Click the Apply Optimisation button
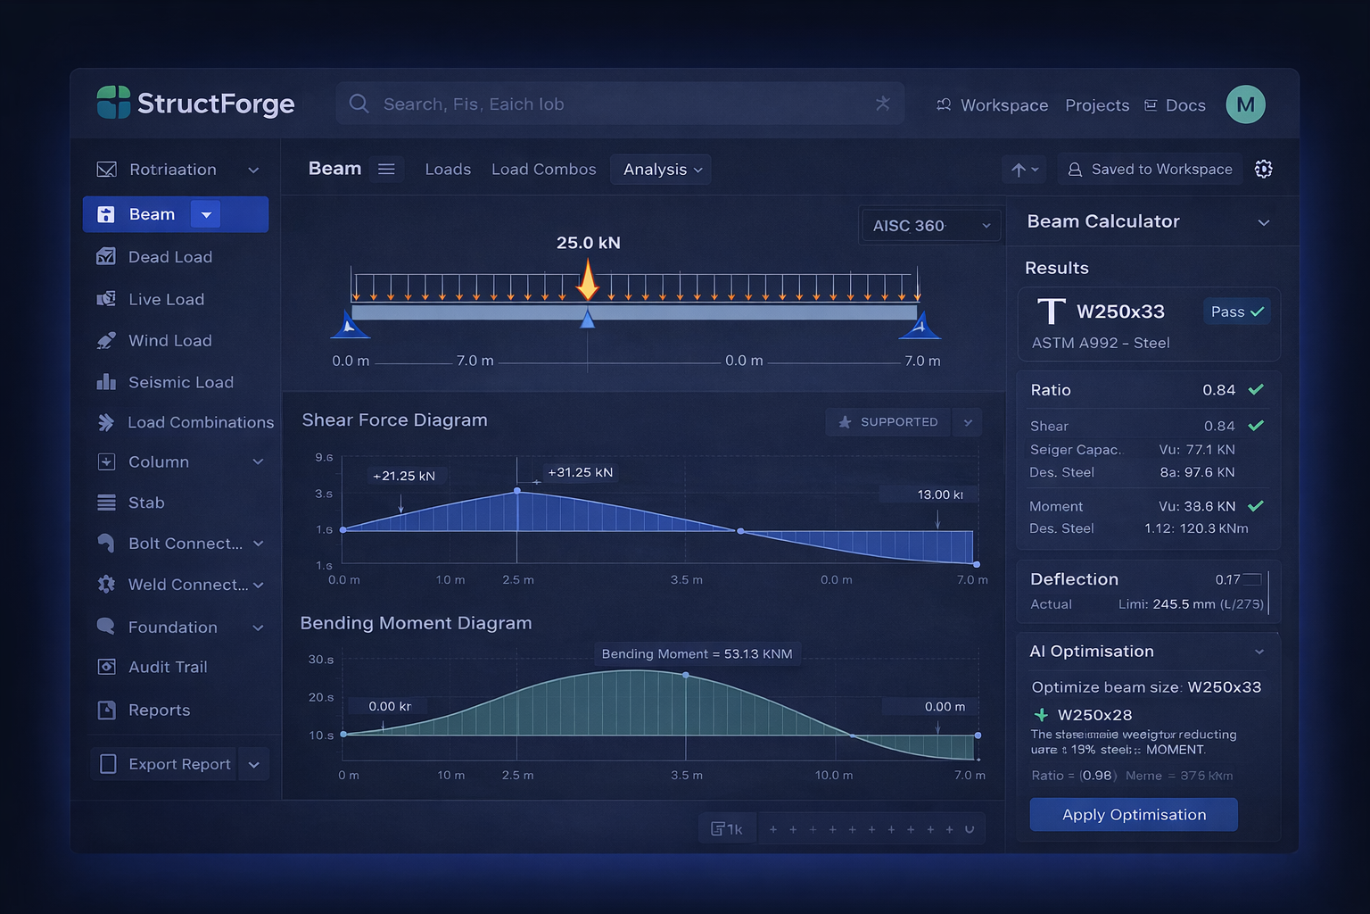coord(1133,814)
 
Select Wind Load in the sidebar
coord(169,341)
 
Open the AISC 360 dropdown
coord(930,226)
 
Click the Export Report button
coord(165,764)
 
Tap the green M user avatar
coord(1245,105)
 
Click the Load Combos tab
coord(543,170)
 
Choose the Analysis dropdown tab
coord(661,170)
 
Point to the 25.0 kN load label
coord(588,243)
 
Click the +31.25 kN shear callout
coord(580,472)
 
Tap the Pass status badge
coord(1236,312)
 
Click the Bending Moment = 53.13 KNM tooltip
coord(697,654)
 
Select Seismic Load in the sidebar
coord(180,382)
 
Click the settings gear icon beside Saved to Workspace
coord(1263,170)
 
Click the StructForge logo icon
coord(113,104)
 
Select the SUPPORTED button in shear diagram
coord(889,422)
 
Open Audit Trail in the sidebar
coord(167,667)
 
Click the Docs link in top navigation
coord(1184,105)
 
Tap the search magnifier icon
coord(359,104)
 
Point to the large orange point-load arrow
coord(588,280)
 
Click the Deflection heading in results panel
coord(1074,579)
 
